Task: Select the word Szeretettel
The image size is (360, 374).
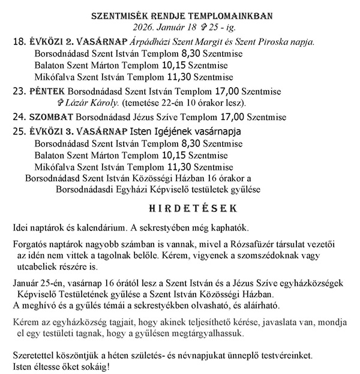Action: pos(34,355)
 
